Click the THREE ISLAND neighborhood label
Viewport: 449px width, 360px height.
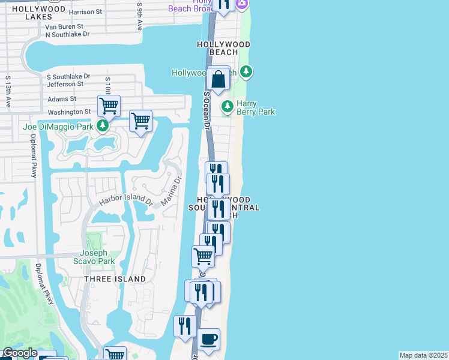115,279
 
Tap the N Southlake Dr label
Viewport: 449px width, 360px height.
67,34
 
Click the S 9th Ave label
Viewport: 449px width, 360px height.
140,16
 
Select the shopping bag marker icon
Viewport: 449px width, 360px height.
218,79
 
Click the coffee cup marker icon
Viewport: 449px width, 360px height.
208,340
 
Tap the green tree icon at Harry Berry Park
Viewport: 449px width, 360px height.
227,107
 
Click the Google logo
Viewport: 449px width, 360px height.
20,353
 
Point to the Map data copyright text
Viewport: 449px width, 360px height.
424,355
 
